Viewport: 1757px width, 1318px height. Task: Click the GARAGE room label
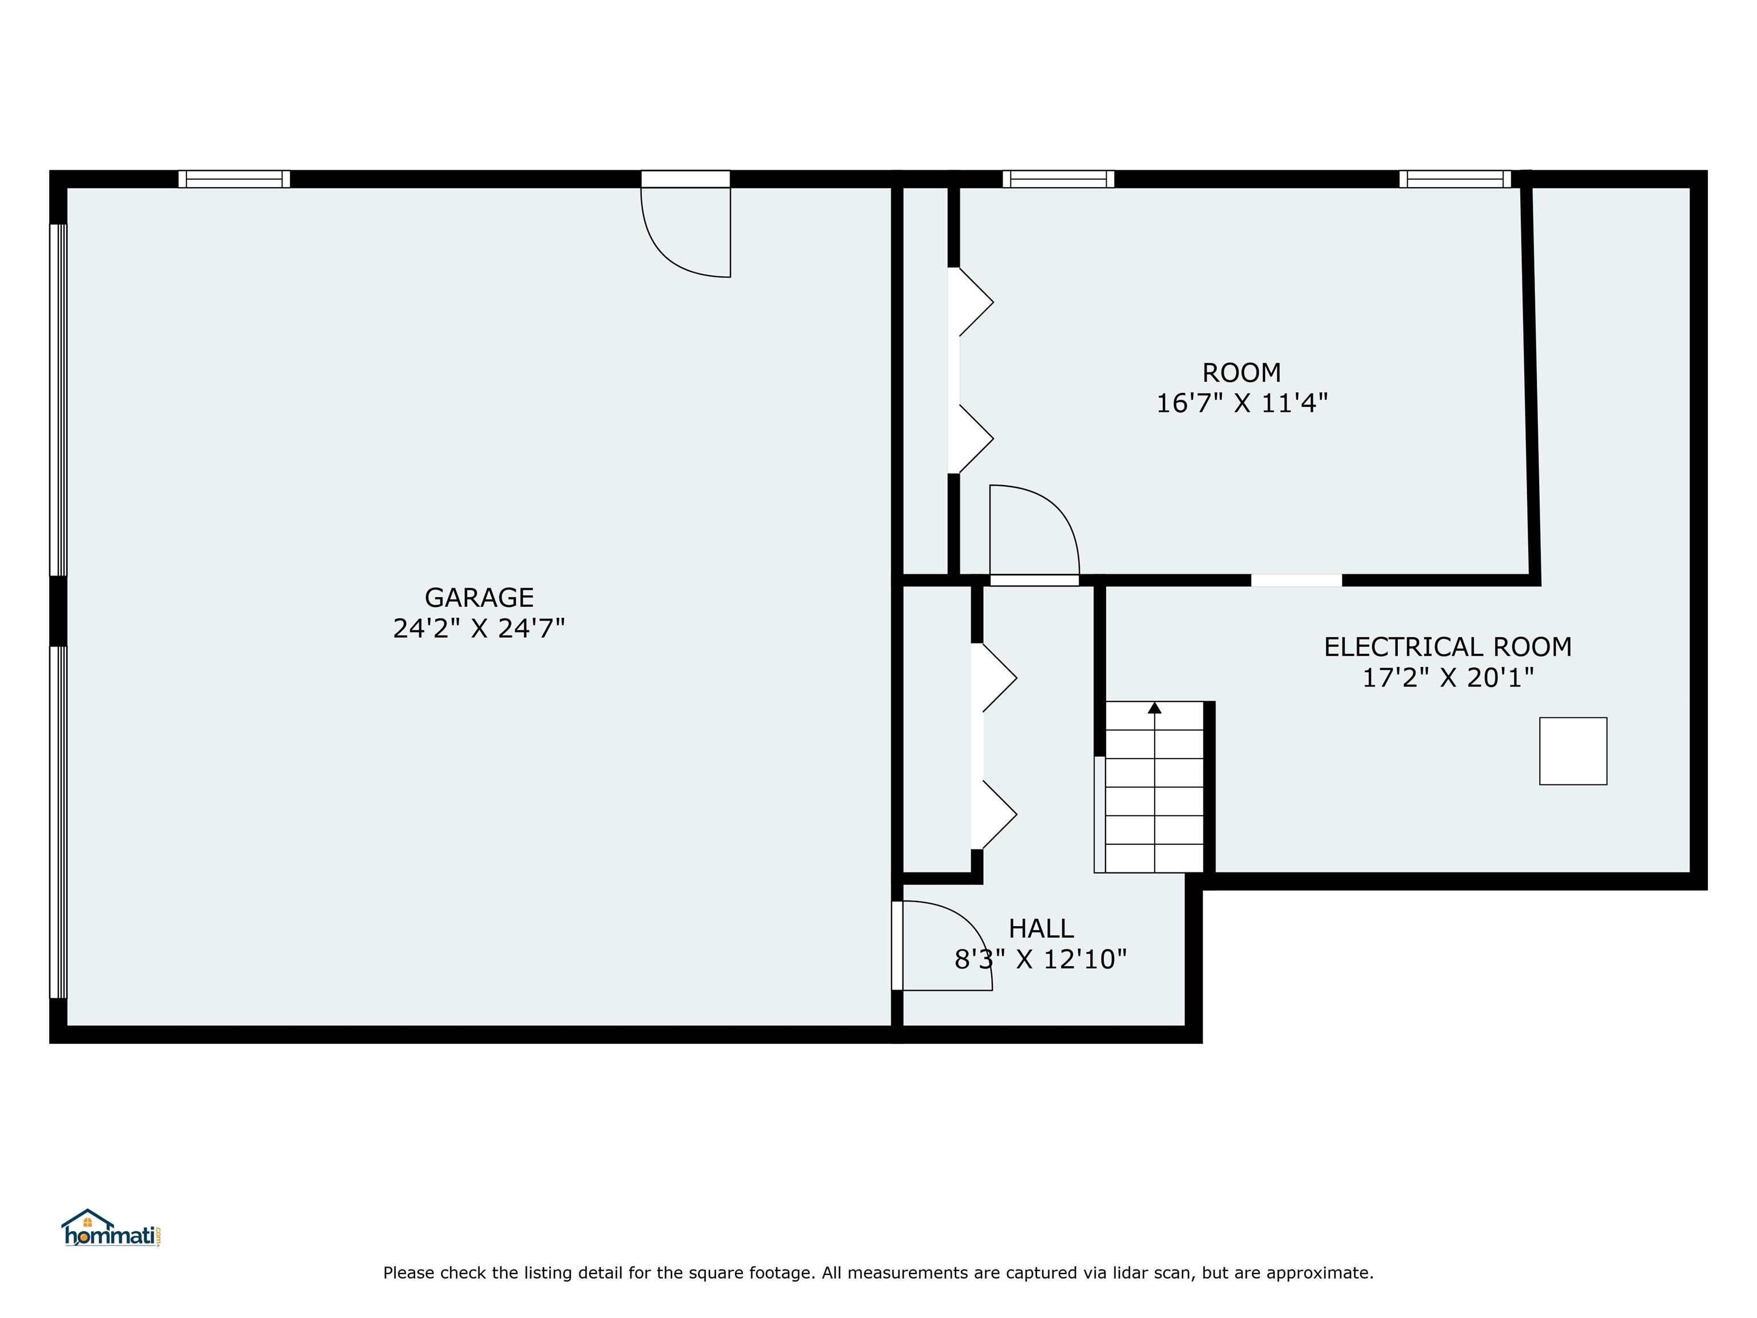coord(479,597)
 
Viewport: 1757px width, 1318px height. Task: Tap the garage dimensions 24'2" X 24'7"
coord(479,629)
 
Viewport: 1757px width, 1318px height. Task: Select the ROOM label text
coord(1242,372)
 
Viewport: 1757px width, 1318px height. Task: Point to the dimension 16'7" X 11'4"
coord(1242,404)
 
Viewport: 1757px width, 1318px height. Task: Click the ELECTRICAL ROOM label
coord(1447,646)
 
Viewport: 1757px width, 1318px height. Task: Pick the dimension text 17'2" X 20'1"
coord(1447,678)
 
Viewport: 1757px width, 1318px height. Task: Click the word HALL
coord(1040,928)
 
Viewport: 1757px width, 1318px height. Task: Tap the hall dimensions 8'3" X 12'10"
coord(1040,960)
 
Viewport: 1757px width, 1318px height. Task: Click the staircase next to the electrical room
coord(1154,787)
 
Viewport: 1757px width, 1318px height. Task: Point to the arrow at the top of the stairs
coord(1155,707)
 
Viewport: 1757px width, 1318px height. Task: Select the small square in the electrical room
coord(1573,751)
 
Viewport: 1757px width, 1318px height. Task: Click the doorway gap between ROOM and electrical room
coord(1297,580)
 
